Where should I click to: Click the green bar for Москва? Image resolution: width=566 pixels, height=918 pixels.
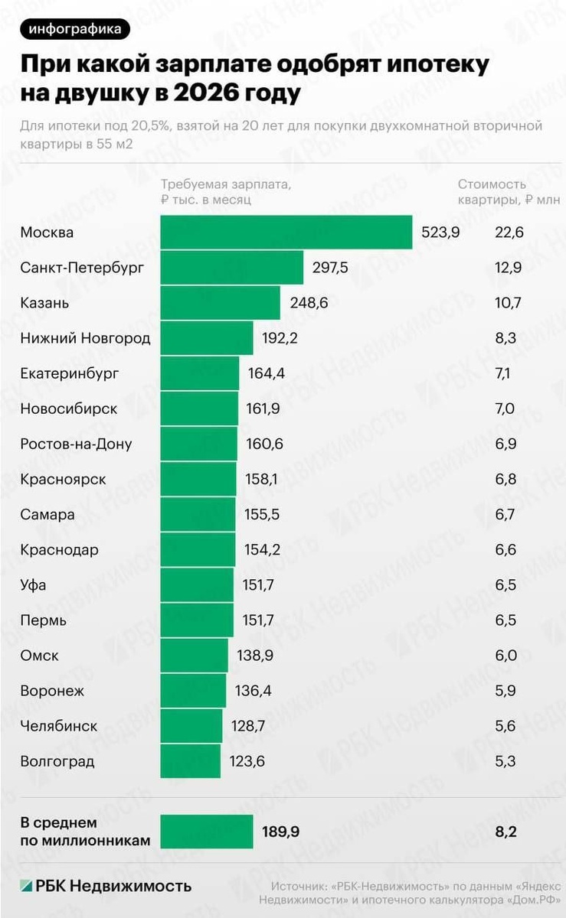(x=287, y=233)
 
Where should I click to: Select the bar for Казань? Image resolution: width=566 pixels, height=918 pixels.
(x=221, y=303)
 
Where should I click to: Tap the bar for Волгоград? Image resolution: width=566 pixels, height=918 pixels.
(x=191, y=762)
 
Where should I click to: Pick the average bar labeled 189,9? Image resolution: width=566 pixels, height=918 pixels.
(x=207, y=832)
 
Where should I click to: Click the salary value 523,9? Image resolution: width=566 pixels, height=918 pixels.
(x=440, y=233)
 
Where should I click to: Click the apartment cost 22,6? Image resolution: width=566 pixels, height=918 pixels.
(x=509, y=233)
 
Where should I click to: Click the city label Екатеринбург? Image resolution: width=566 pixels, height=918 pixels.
(x=70, y=373)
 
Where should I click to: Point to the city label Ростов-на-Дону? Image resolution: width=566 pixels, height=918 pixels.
(x=77, y=444)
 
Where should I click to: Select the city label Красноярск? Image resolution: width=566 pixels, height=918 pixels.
(x=64, y=480)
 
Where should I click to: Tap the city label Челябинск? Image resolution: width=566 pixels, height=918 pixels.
(x=59, y=726)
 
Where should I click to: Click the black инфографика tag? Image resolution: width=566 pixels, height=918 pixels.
(x=75, y=29)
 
